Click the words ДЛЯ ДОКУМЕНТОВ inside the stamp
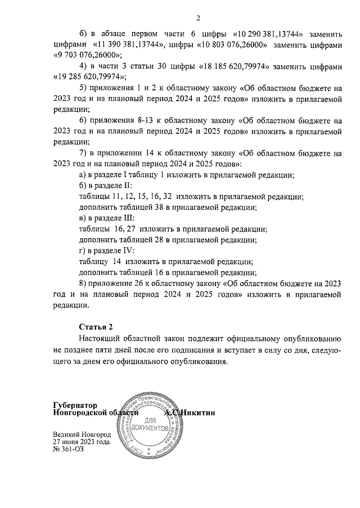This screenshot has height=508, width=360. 149,424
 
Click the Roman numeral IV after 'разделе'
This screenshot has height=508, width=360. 128,251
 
